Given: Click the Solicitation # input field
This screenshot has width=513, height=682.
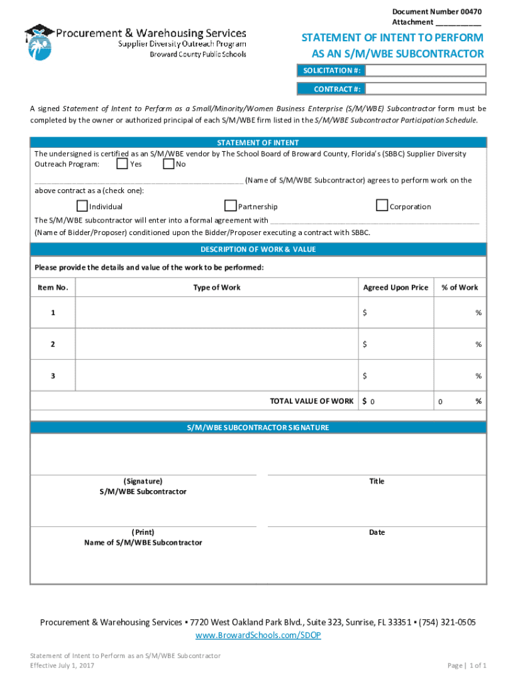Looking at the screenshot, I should tap(424, 71).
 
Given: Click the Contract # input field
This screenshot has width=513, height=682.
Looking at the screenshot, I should tap(424, 89).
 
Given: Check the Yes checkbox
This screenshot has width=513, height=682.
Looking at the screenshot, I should tap(122, 164).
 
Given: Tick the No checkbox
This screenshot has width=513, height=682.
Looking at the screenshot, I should tap(168, 164).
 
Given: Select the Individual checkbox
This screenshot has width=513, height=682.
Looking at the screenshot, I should tap(82, 206).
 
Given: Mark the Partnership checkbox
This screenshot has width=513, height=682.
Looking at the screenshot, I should tap(231, 206).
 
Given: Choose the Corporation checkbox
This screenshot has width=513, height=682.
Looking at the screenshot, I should tap(382, 206).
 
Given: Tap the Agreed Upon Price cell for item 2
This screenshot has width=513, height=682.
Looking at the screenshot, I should tap(395, 344).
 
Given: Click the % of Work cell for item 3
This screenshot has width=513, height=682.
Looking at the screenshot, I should tap(460, 376).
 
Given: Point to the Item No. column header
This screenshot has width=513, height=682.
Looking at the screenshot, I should tap(53, 288).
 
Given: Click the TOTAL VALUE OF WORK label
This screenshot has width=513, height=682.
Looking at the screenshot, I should tap(311, 401).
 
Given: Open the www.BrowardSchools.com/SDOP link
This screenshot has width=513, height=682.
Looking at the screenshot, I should tap(258, 635).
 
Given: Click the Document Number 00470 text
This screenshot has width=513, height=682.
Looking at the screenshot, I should tap(436, 12).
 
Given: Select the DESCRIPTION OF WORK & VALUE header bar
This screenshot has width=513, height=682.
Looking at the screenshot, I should tap(258, 250).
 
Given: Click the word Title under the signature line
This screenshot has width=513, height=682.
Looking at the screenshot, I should tap(377, 481).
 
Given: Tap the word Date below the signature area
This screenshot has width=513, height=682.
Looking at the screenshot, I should tap(377, 532).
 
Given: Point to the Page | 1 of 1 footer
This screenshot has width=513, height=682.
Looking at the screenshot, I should tap(467, 665).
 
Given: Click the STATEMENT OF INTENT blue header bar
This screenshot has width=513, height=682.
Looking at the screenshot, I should tap(258, 143).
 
